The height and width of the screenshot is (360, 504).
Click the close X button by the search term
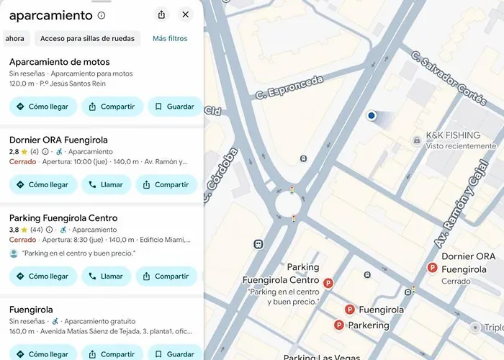click(186, 14)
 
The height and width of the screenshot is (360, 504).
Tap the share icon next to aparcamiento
click(161, 14)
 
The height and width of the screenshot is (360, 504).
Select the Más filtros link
click(170, 38)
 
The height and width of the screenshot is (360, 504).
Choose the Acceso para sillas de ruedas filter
click(87, 38)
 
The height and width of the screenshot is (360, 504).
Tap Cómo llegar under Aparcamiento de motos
click(42, 107)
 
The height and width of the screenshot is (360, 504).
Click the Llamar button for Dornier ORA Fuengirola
click(105, 184)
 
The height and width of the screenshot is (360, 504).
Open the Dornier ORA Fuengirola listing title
click(58, 140)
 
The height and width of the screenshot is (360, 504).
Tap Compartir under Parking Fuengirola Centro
click(166, 276)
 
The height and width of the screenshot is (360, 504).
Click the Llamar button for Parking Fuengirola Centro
click(105, 276)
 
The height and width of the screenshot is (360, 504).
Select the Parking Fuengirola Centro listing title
click(63, 218)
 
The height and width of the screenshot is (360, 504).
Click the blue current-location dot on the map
click(372, 115)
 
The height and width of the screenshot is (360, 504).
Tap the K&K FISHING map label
click(452, 135)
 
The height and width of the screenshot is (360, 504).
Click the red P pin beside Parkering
click(339, 325)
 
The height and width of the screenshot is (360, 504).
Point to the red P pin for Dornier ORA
click(433, 268)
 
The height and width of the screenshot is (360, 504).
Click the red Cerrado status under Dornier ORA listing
click(22, 162)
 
